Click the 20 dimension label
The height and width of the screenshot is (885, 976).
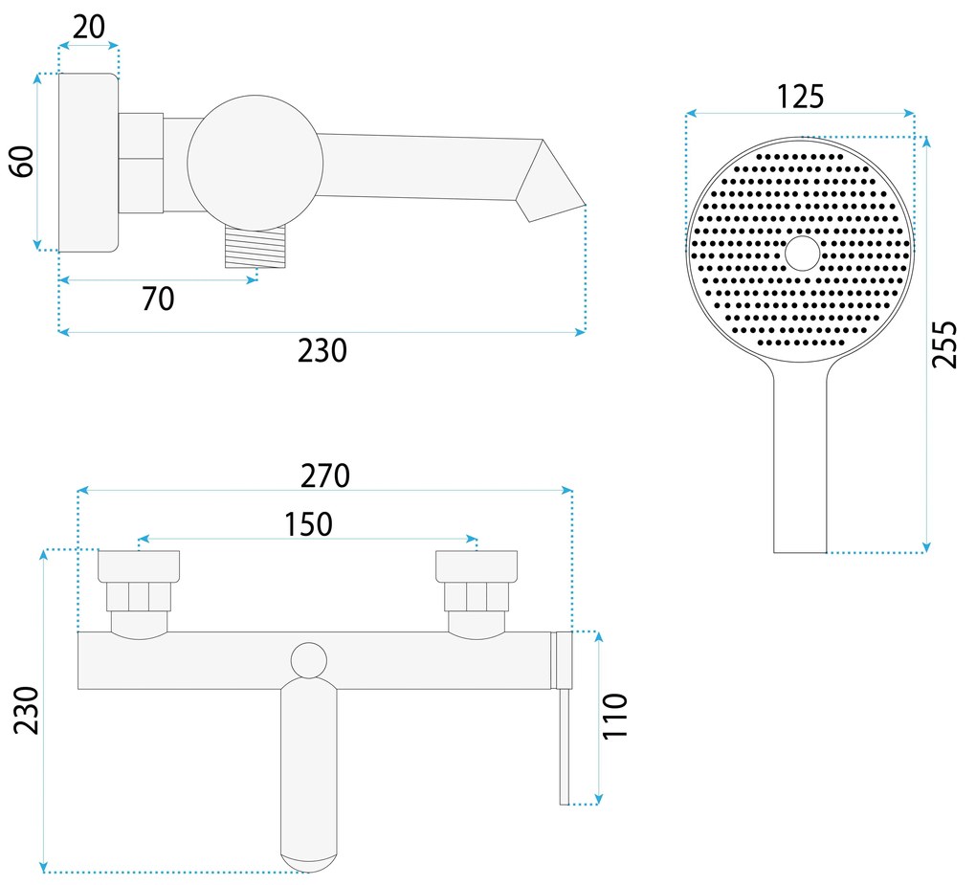[89, 26]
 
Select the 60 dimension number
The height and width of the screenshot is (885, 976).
[22, 161]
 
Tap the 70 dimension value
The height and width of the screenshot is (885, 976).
[158, 299]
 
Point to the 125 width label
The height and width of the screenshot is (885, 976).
[800, 97]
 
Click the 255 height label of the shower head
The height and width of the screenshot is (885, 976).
[943, 344]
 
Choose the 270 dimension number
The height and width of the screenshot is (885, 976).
[325, 475]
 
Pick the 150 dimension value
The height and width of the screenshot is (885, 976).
[308, 524]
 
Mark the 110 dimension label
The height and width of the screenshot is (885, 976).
[615, 716]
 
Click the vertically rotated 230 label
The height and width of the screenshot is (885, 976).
[26, 710]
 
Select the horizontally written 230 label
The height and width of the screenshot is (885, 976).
[322, 351]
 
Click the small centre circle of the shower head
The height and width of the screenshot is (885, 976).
[801, 254]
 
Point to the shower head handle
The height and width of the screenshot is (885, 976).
[800, 459]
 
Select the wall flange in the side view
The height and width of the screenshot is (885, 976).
[88, 163]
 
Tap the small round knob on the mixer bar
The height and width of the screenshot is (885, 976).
[308, 660]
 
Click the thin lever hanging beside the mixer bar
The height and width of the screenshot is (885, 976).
[565, 746]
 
